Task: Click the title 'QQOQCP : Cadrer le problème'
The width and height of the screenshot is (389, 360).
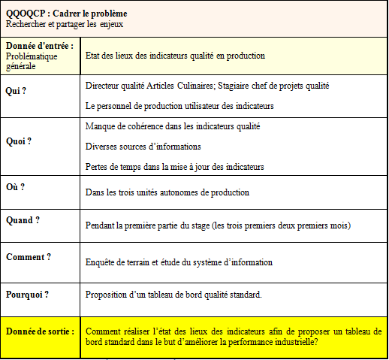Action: [x=67, y=14]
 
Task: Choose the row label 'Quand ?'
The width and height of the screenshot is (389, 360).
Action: [x=23, y=220]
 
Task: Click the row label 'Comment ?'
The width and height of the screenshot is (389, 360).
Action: [x=29, y=256]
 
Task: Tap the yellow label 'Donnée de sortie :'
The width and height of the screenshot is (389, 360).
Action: [x=40, y=331]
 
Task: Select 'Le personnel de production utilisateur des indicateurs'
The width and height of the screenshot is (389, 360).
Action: [x=179, y=106]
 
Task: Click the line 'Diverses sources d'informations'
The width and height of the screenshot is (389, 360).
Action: [x=143, y=146]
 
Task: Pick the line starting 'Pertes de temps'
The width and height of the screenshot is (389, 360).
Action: [x=175, y=165]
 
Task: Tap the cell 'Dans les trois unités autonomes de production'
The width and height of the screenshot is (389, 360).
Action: [x=167, y=192]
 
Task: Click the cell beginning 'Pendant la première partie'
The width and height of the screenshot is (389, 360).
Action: [x=218, y=225]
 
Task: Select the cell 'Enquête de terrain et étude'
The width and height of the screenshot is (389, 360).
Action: [x=179, y=262]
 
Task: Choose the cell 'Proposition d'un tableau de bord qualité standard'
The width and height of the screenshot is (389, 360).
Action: [x=174, y=294]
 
